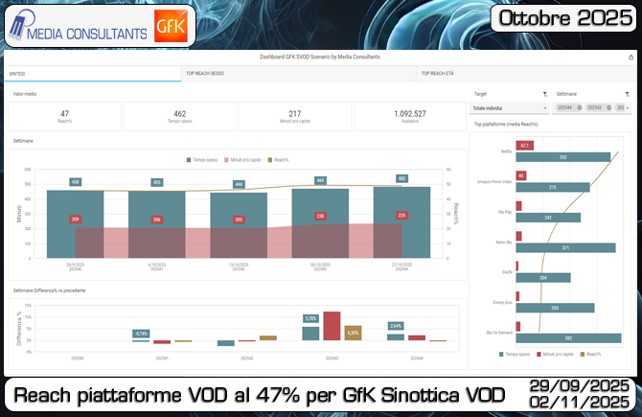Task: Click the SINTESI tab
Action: point(18,73)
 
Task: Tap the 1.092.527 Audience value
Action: point(409,116)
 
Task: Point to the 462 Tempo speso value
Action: point(179,116)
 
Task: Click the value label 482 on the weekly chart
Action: point(401,178)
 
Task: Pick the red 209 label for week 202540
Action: point(76,220)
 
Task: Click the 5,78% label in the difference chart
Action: point(310,318)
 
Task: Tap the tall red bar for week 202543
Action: point(332,325)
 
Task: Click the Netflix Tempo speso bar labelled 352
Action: point(562,156)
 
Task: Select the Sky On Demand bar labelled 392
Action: point(567,337)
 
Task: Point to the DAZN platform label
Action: point(506,272)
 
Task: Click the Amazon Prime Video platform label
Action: point(494,181)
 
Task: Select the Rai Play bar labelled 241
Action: point(548,218)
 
